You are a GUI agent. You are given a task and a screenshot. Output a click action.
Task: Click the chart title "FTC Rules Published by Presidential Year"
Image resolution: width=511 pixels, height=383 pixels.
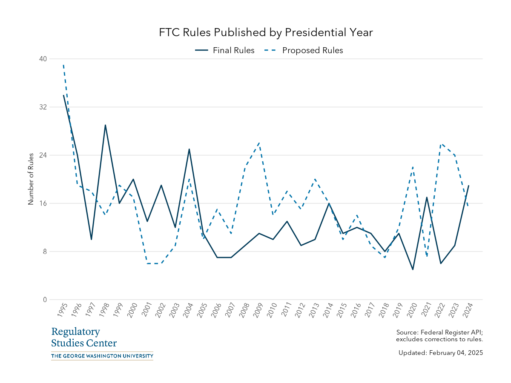pyautogui.click(x=266, y=33)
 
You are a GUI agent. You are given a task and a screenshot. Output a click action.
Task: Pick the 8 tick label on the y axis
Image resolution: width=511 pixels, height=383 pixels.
pyautogui.click(x=44, y=252)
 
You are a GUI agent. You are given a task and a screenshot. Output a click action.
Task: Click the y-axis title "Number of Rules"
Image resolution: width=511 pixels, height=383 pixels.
pyautogui.click(x=31, y=179)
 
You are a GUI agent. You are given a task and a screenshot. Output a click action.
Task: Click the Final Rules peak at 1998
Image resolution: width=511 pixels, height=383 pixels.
pyautogui.click(x=105, y=125)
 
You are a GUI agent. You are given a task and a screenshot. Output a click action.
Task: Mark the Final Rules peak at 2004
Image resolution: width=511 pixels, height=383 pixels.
pyautogui.click(x=189, y=149)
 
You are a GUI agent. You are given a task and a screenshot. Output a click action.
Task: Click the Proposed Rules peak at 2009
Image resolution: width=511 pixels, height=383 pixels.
pyautogui.click(x=259, y=143)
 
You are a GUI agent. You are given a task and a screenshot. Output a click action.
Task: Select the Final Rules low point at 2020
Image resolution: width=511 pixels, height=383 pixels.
pyautogui.click(x=413, y=269)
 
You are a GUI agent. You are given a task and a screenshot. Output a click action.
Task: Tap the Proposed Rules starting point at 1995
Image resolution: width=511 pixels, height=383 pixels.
pyautogui.click(x=63, y=65)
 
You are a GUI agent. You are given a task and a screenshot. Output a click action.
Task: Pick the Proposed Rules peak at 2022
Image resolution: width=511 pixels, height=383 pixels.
pyautogui.click(x=441, y=143)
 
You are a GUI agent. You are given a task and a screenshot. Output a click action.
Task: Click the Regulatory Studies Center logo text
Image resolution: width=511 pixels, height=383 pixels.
pyautogui.click(x=84, y=337)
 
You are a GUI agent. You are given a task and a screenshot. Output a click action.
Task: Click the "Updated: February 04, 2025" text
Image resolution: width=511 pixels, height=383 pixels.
pyautogui.click(x=440, y=353)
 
